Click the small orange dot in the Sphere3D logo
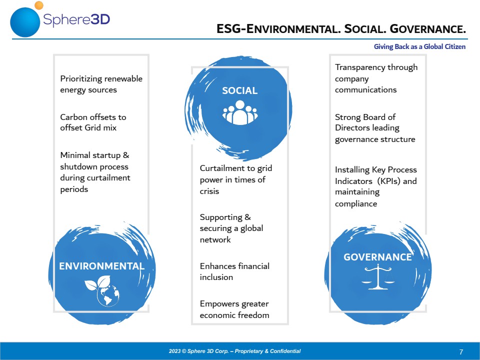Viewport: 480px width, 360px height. [x=39, y=5]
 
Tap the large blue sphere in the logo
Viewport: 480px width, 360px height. [x=25, y=22]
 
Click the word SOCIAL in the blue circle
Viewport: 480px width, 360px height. [x=239, y=90]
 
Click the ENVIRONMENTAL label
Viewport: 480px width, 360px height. [x=101, y=266]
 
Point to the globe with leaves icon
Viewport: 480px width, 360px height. [x=102, y=291]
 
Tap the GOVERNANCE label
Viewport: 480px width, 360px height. [x=378, y=257]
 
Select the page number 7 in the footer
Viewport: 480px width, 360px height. [x=461, y=352]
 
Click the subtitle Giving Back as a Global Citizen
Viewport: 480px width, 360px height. [x=419, y=46]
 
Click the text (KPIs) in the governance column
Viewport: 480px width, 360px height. [x=389, y=181]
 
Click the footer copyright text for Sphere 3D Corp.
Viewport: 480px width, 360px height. [x=234, y=351]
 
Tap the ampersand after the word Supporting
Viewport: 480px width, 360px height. [x=247, y=217]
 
